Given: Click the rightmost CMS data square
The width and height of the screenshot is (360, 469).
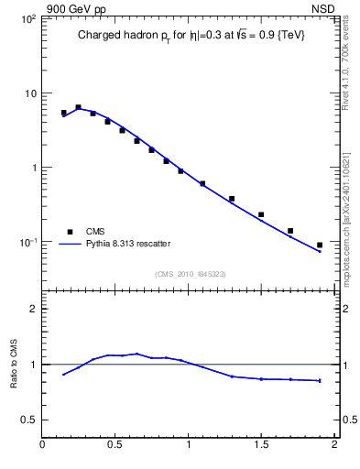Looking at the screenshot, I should click(x=320, y=245).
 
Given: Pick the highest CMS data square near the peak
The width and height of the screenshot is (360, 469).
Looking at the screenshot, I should click(x=78, y=107).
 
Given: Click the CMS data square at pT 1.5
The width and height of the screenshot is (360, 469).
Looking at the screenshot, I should click(x=261, y=214).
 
